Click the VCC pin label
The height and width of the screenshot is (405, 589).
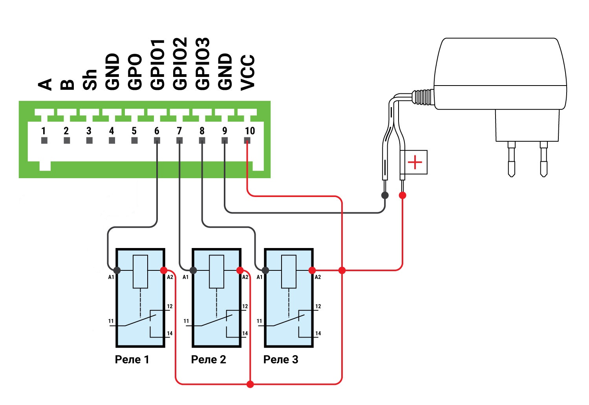click(x=248, y=73)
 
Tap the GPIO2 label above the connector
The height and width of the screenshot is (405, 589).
click(x=180, y=63)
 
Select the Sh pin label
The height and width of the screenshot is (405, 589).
click(x=90, y=80)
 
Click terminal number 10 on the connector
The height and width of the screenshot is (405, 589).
click(x=250, y=131)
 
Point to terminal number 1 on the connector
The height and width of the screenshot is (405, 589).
click(x=44, y=131)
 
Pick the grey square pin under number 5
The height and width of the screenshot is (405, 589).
click(x=134, y=140)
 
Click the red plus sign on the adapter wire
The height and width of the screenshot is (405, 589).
click(x=415, y=162)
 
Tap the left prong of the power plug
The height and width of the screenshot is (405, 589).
click(x=511, y=159)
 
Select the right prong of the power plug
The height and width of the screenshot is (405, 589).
click(x=543, y=159)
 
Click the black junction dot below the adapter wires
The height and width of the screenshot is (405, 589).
click(x=385, y=195)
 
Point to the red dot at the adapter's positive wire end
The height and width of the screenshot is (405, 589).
click(x=402, y=195)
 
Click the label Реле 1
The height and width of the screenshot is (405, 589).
click(x=132, y=359)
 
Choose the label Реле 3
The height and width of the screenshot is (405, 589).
click(x=281, y=359)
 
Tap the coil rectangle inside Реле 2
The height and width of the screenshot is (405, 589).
click(x=216, y=272)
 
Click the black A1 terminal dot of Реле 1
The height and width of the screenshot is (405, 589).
click(x=117, y=270)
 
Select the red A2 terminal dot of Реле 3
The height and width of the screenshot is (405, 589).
click(x=312, y=270)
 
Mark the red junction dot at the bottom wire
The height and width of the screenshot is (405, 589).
click(x=250, y=385)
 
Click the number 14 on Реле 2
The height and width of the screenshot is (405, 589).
click(x=245, y=333)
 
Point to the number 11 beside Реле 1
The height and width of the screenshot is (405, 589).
click(x=111, y=321)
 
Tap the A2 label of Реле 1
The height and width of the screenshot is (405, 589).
click(x=170, y=277)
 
